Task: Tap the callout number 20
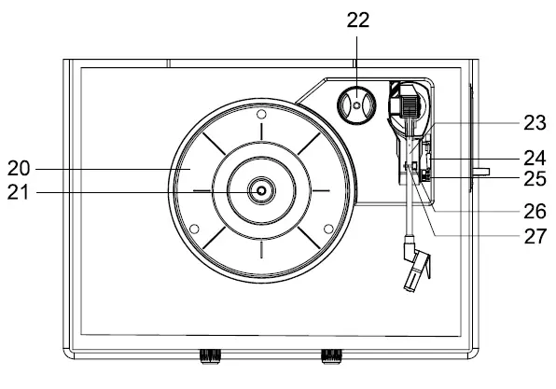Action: click(19, 168)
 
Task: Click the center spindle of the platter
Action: click(261, 190)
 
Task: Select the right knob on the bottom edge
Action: click(330, 355)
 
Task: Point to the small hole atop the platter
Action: click(261, 115)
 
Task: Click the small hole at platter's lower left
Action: click(194, 229)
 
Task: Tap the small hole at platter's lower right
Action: click(328, 229)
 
